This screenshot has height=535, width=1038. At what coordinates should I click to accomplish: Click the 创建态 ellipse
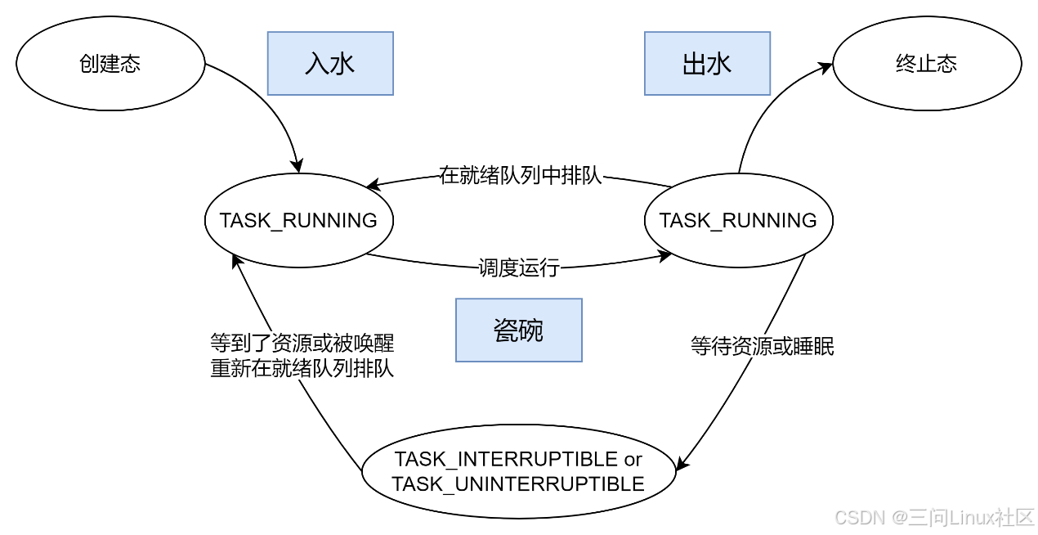(110, 64)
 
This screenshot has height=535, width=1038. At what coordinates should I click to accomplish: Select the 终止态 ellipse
(926, 64)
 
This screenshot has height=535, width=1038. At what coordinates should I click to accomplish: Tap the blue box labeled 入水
(330, 64)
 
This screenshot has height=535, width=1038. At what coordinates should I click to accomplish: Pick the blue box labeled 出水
(707, 64)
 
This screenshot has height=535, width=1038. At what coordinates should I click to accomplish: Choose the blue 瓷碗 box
(518, 330)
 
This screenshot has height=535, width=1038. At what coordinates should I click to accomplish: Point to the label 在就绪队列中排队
(521, 176)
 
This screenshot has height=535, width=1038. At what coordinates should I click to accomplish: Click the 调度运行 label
(519, 268)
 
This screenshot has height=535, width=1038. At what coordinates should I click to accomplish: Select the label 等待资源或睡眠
(762, 347)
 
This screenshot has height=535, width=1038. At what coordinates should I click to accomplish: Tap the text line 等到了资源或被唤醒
(302, 343)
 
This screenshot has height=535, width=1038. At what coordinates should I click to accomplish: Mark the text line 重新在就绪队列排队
(302, 369)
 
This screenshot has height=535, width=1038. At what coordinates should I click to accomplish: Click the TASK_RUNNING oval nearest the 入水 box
(298, 220)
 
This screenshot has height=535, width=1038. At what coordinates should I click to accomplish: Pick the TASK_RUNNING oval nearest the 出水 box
(738, 220)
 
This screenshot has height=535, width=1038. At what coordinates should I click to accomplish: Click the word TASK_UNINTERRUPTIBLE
(518, 484)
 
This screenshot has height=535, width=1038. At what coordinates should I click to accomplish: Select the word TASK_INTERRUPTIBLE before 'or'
(506, 459)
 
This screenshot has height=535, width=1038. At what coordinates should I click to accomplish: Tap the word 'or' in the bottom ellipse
(633, 459)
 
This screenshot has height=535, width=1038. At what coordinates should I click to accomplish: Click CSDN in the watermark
(858, 517)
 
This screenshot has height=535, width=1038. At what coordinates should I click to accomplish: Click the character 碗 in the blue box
(531, 330)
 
